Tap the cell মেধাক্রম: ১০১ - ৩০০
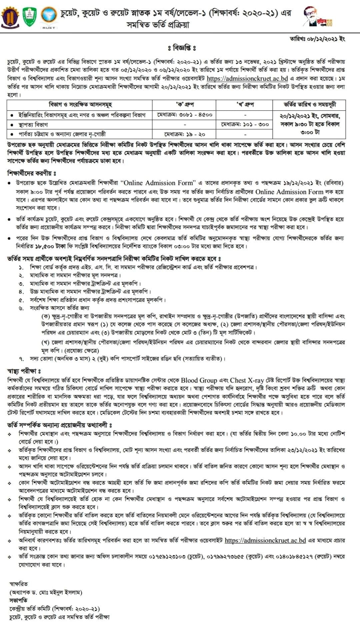click(x=244, y=124)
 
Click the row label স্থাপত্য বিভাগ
click(x=33, y=125)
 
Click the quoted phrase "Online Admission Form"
click(x=158, y=183)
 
